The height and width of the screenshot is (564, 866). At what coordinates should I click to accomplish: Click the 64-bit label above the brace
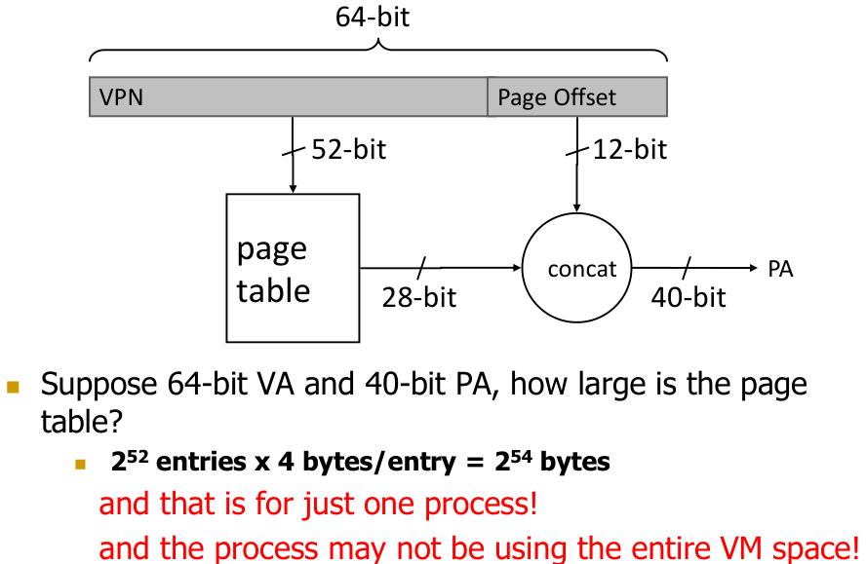click(x=373, y=18)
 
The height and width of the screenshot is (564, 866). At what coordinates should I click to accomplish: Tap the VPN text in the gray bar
click(x=121, y=97)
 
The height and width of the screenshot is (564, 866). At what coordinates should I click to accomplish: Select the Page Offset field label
click(x=557, y=97)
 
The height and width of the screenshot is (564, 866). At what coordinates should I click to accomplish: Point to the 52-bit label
click(x=348, y=149)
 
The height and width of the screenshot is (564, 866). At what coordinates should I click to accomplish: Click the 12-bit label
click(x=629, y=149)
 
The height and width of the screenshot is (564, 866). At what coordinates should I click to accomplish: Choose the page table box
click(x=293, y=268)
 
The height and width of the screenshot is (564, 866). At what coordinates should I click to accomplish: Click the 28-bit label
click(x=418, y=296)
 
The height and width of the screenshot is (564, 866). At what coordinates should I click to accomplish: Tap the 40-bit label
click(x=689, y=296)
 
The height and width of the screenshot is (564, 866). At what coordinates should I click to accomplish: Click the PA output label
click(x=780, y=269)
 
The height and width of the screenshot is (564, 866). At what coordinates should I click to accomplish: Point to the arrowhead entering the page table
click(x=293, y=188)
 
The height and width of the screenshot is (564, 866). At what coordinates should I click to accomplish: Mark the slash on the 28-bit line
click(x=421, y=268)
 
